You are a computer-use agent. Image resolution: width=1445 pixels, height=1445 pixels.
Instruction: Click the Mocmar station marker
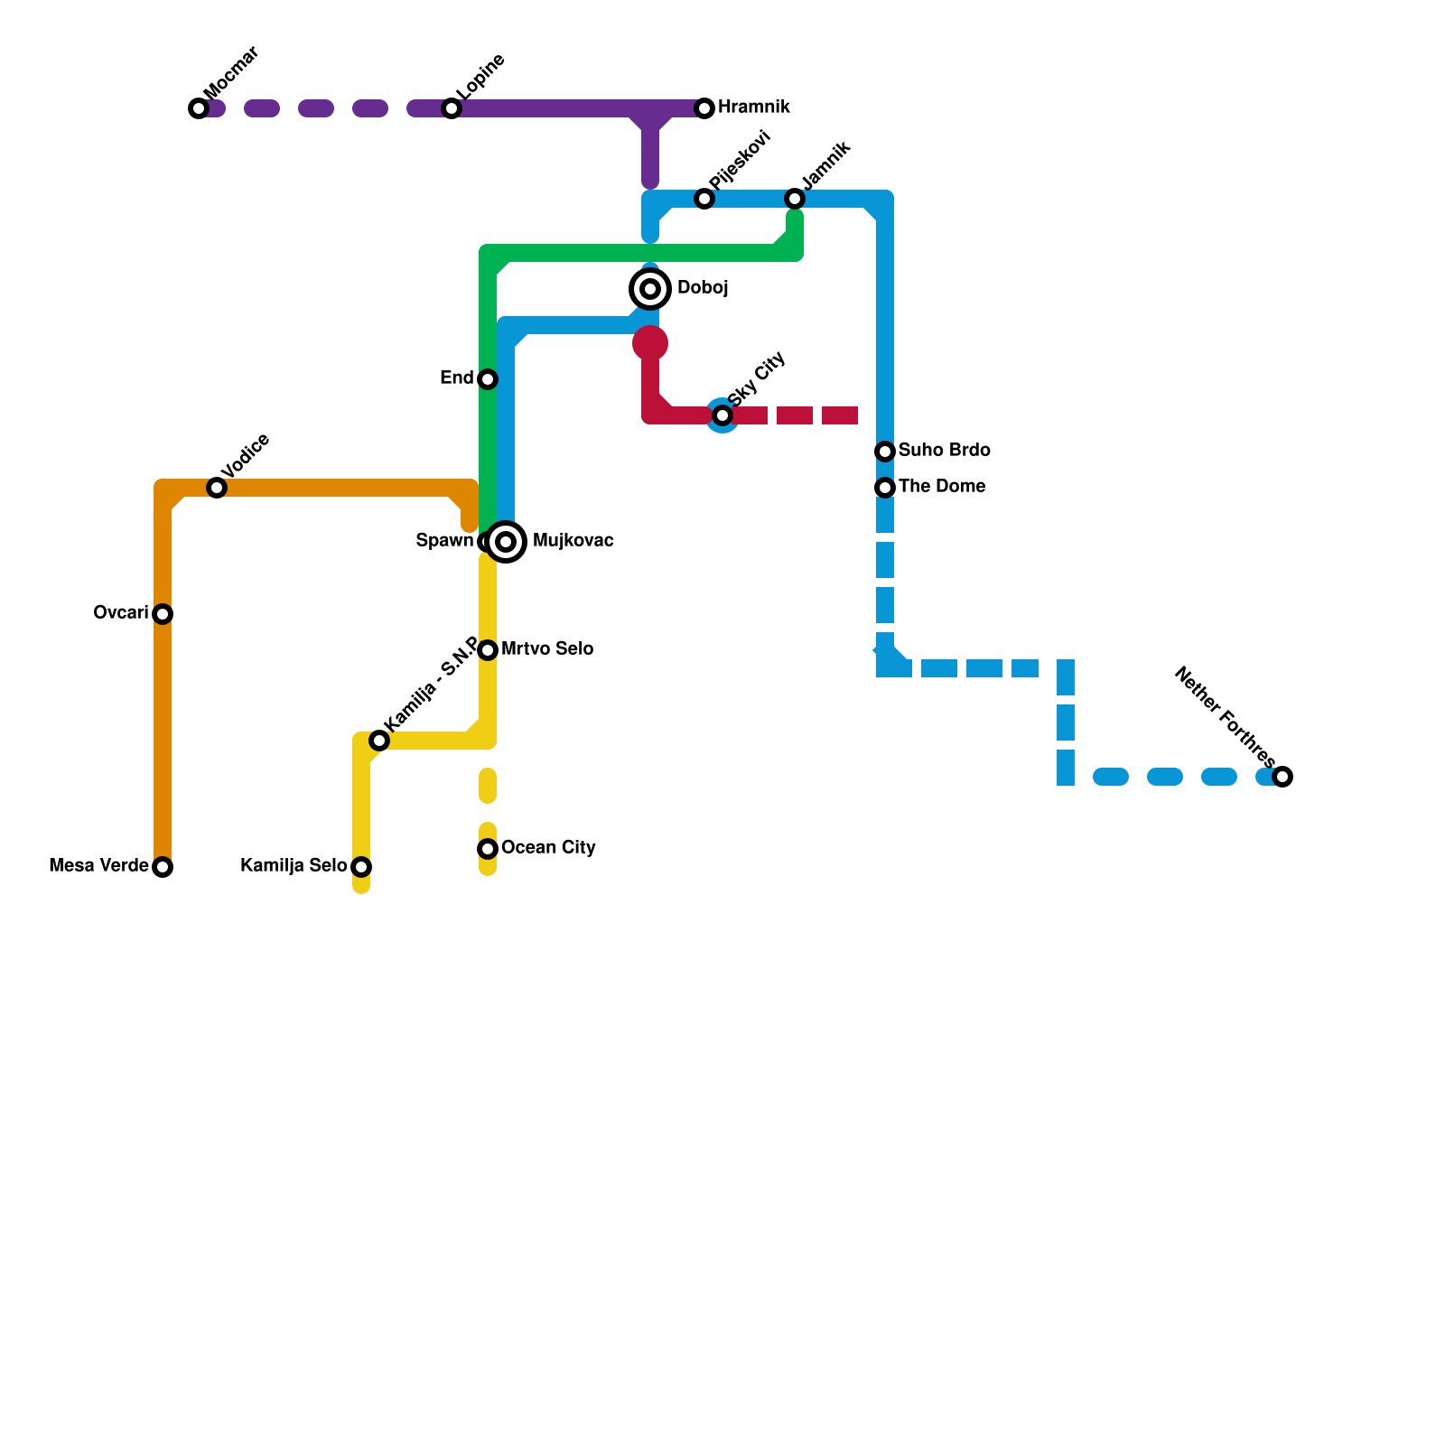coord(199,108)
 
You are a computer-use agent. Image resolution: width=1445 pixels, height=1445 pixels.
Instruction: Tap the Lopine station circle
coord(452,108)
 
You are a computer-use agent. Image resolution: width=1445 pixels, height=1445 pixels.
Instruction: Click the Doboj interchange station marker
coord(650,289)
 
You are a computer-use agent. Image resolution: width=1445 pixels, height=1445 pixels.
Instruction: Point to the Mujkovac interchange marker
coord(507,542)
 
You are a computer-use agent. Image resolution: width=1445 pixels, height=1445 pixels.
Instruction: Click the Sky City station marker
coord(722,415)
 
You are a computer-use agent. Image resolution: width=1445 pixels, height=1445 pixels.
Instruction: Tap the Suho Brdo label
coord(944,451)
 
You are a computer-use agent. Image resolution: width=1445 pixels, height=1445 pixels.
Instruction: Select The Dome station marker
coord(885,488)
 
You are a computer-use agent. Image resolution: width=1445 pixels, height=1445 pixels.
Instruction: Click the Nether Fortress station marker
coord(1282,777)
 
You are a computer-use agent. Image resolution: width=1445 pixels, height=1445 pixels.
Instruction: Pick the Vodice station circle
coord(217,488)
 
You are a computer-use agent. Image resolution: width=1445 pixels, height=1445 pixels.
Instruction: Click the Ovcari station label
coord(121,613)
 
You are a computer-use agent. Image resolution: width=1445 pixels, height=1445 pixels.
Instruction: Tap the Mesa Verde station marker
coord(163,867)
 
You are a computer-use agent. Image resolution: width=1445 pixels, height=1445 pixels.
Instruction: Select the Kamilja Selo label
coord(294,866)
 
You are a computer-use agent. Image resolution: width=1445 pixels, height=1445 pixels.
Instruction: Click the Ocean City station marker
coord(488,849)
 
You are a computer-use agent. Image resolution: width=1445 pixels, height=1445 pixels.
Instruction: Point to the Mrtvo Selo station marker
coord(488,650)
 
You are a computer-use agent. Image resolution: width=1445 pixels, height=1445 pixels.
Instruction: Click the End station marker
coord(488,379)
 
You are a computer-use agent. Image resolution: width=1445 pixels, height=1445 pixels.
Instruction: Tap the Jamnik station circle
coord(795,199)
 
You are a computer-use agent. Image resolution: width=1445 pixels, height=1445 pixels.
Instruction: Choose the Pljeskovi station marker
coord(704,199)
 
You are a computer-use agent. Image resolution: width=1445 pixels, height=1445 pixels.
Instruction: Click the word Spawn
coord(444,541)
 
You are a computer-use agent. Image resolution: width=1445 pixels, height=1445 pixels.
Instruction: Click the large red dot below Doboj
coord(650,343)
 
